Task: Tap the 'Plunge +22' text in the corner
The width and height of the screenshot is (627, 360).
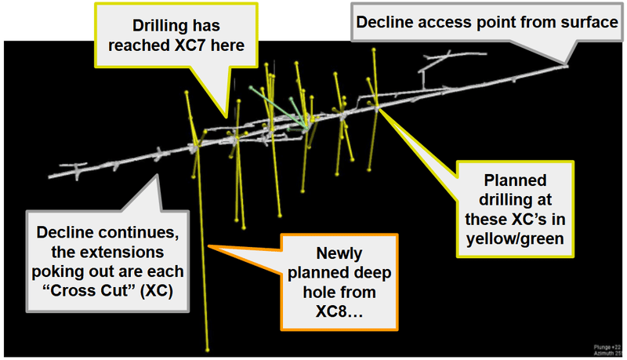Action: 605,346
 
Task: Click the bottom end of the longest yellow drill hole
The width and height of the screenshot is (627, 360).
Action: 208,350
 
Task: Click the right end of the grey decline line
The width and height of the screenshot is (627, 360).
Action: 567,66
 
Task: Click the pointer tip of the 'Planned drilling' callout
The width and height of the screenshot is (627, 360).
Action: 377,107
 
